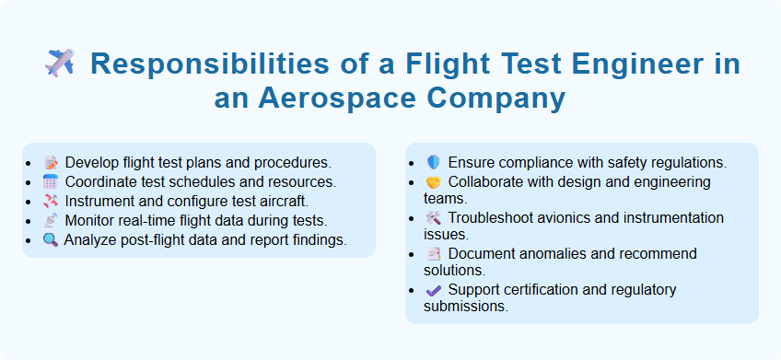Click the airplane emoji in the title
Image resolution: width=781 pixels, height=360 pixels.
(x=60, y=64)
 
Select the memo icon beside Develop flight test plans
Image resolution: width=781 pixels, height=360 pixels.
(x=51, y=162)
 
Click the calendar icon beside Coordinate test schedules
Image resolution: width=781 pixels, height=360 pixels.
(x=51, y=181)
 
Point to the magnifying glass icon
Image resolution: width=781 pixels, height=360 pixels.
(x=51, y=240)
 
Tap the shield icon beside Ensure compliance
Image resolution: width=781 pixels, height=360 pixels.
(x=434, y=162)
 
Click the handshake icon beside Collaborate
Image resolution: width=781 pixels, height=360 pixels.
(x=434, y=182)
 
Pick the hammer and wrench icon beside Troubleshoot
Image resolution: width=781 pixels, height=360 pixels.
(x=434, y=218)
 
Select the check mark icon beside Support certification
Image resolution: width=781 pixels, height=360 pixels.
(x=434, y=290)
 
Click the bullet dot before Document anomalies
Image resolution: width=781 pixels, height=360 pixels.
(x=417, y=254)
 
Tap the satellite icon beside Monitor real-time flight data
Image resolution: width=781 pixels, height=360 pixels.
(x=51, y=221)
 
